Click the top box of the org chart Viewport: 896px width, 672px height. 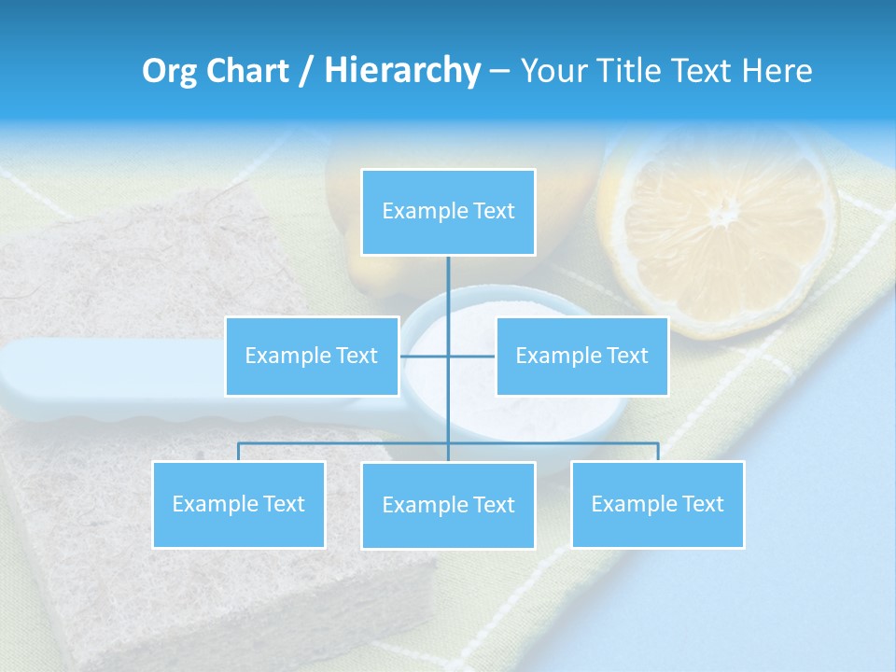click(x=448, y=212)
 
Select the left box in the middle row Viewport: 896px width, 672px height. click(x=312, y=356)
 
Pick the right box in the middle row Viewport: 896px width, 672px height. click(x=581, y=356)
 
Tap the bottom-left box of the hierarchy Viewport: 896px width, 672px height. click(x=239, y=504)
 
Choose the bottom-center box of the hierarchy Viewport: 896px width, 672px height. click(x=448, y=505)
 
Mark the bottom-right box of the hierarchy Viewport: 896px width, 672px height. click(x=658, y=504)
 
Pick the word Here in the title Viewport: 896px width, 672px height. click(x=777, y=71)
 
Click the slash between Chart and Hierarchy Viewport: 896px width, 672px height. click(x=305, y=71)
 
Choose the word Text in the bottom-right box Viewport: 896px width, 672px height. click(x=703, y=504)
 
